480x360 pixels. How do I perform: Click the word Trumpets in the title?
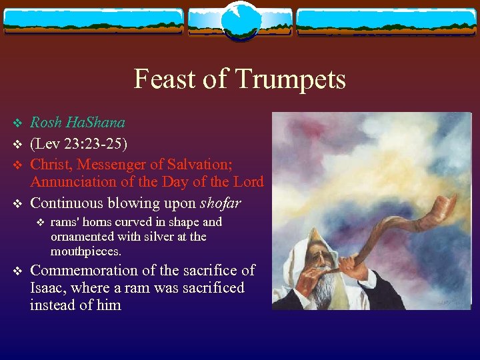pos(289,79)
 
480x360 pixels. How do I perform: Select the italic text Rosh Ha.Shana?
pos(77,123)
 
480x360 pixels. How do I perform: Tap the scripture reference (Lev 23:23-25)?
pos(79,144)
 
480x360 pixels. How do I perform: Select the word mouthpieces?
pos(85,251)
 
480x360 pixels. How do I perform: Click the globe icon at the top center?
pos(239,21)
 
